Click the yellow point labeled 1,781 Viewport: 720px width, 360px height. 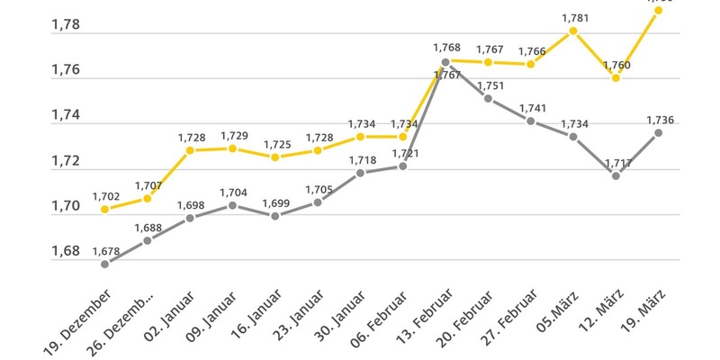(x=572, y=31)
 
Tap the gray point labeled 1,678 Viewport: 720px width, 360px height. (x=105, y=264)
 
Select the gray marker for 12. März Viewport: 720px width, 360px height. (x=616, y=175)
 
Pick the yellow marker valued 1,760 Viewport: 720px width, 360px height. (x=616, y=78)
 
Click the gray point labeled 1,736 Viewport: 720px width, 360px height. (x=658, y=132)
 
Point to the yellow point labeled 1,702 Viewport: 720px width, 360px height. (x=105, y=209)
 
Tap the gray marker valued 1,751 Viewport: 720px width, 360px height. (x=488, y=98)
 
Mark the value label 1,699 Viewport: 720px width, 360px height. (x=275, y=203)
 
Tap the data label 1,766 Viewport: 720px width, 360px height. (x=531, y=51)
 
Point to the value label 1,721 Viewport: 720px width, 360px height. (x=403, y=153)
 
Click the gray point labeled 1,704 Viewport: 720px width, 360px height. (x=232, y=205)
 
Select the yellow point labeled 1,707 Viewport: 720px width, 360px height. (x=148, y=198)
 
